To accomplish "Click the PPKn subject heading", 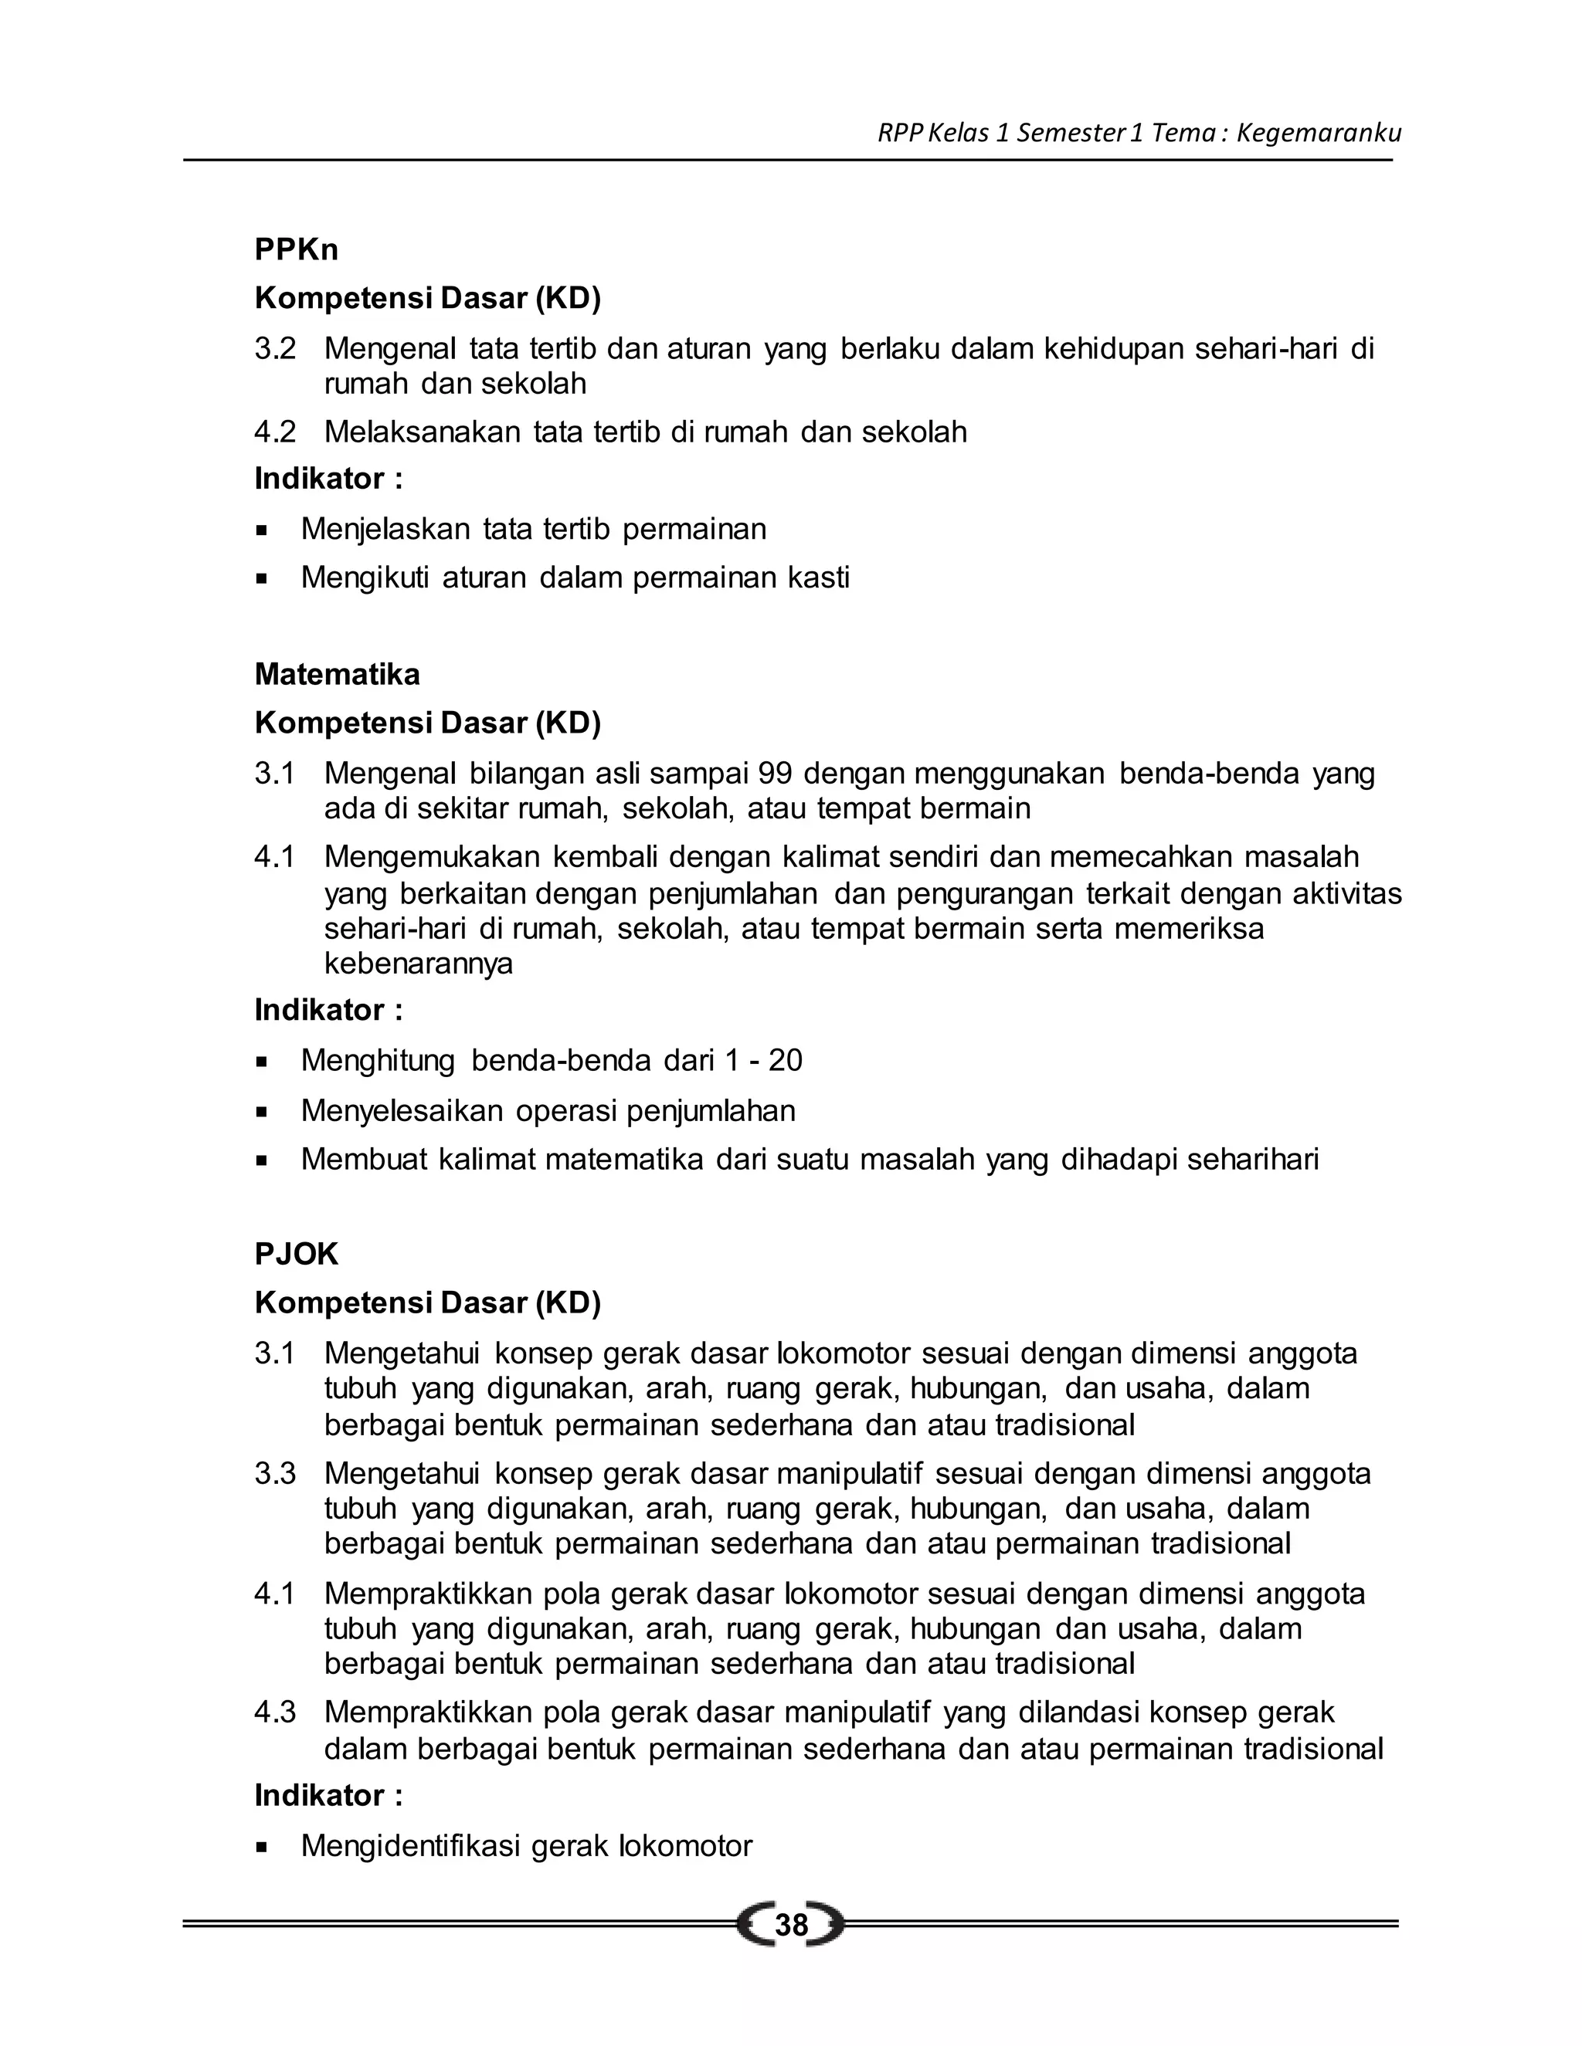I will coord(296,250).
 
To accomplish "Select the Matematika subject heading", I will coord(338,675).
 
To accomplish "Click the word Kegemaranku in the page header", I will coord(1319,133).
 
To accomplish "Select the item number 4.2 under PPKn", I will coord(274,432).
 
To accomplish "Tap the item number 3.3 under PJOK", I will coord(274,1474).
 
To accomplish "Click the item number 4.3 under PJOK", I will coord(274,1712).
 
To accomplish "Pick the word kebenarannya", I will coord(418,964).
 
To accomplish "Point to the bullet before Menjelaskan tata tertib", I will coord(262,530).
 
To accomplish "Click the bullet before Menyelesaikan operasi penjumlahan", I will coord(262,1112).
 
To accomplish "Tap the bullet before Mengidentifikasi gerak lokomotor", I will coord(262,1848).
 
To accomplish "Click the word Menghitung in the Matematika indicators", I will coord(378,1062).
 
